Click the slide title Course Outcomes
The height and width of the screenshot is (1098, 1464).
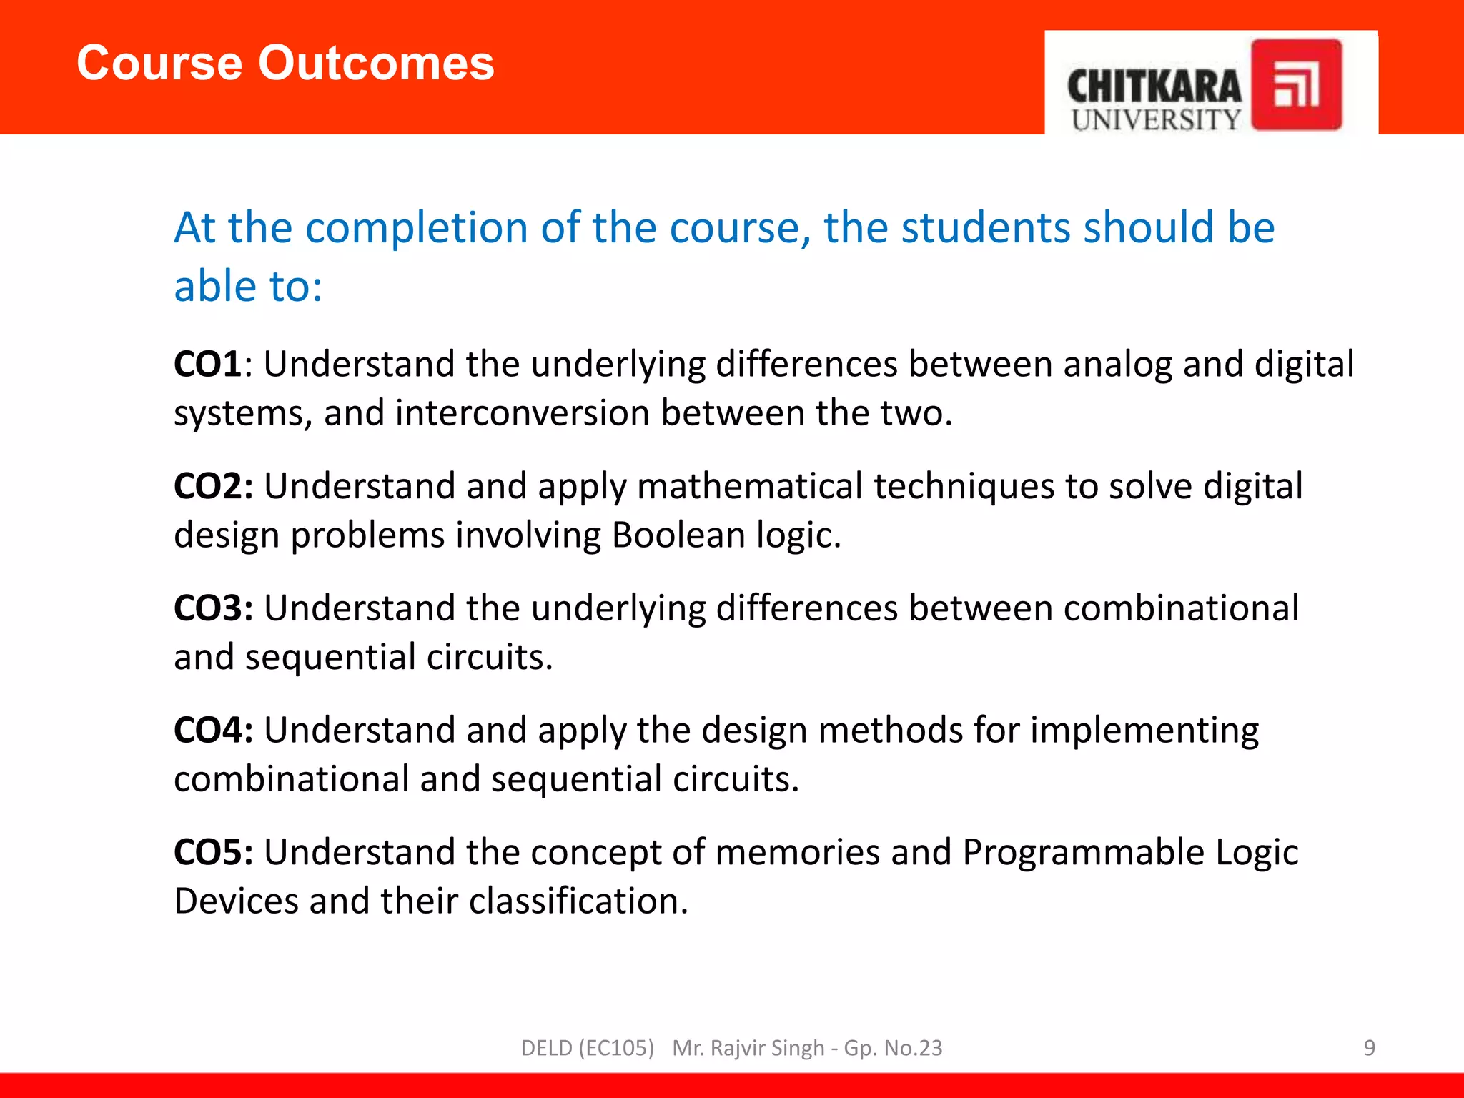coord(285,63)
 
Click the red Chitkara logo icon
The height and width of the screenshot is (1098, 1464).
coord(1296,85)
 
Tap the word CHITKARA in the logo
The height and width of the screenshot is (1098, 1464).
coord(1154,87)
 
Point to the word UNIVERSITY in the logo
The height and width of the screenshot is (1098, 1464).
coord(1156,120)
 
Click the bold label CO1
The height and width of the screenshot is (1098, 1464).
coord(208,364)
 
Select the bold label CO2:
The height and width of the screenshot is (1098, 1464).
coord(213,486)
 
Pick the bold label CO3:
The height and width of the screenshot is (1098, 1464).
coord(213,608)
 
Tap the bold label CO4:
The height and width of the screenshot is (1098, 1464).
coord(213,731)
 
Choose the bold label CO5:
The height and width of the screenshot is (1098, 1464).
coord(213,853)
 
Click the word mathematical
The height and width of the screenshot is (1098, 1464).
coord(749,486)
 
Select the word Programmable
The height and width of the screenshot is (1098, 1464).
coord(1083,852)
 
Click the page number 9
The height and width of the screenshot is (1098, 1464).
coord(1369,1048)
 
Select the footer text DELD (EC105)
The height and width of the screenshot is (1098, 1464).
coord(587,1048)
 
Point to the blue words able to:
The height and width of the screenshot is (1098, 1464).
coord(248,287)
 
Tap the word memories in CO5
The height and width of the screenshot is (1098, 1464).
coord(796,852)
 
